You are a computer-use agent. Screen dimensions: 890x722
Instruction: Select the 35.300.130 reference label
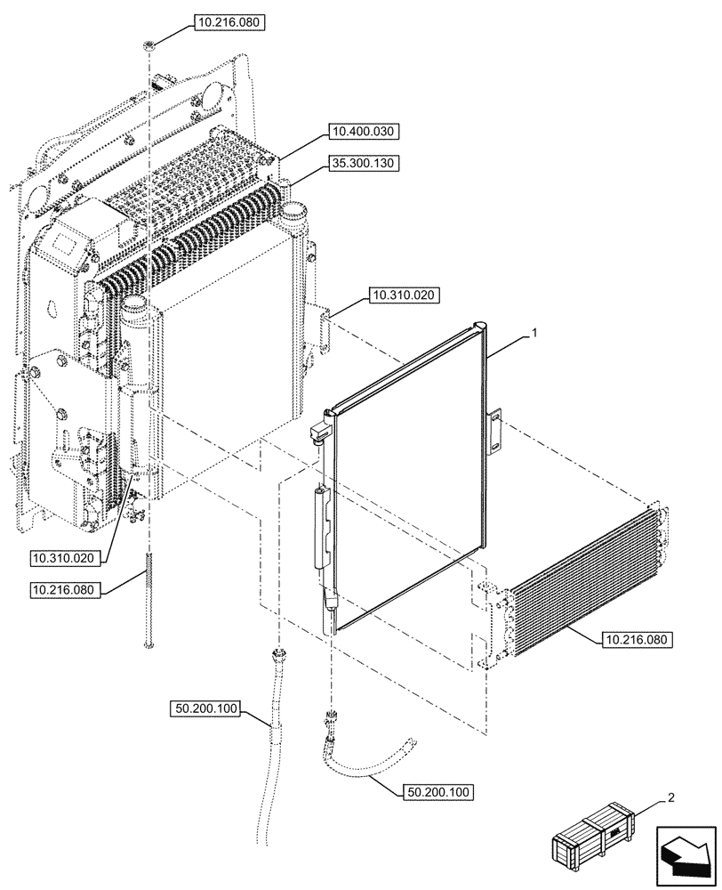click(365, 163)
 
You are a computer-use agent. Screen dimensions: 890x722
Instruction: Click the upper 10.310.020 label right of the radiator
click(400, 295)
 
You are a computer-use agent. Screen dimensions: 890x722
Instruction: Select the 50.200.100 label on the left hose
click(205, 708)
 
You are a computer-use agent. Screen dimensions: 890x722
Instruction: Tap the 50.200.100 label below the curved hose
click(439, 790)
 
